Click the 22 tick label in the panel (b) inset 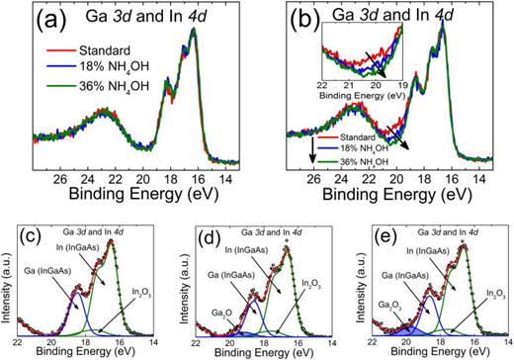pos(323,86)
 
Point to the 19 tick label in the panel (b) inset pos(403,86)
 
